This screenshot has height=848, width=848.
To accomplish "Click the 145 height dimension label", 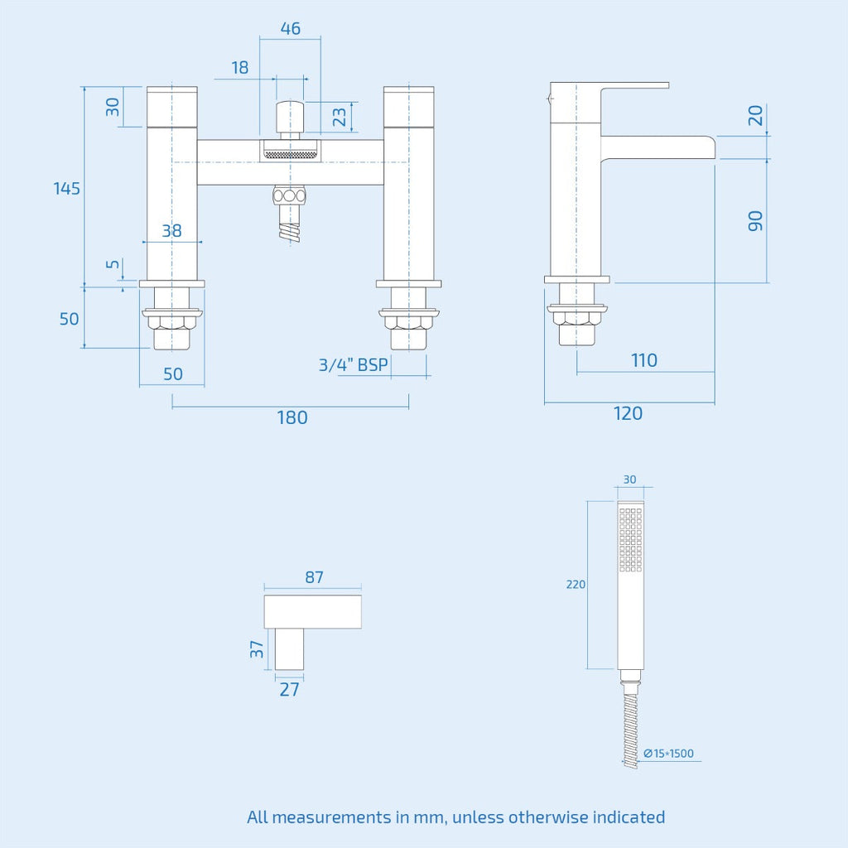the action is (x=66, y=188).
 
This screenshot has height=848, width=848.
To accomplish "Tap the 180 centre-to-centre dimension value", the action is (x=292, y=417).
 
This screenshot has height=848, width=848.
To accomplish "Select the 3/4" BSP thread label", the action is (x=353, y=364).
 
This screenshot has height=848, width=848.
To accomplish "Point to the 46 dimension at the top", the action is (x=291, y=28).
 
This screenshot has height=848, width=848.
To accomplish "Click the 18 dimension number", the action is (x=240, y=68).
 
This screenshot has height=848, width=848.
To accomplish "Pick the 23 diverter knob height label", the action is (x=339, y=117).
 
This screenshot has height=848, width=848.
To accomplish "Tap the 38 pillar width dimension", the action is (x=172, y=231).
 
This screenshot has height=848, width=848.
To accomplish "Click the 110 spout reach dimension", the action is (x=644, y=360).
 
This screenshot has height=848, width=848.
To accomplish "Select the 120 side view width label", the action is (x=628, y=413).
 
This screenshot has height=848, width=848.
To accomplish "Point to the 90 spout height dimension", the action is (x=755, y=220).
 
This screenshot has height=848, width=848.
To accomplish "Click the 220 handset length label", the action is (x=576, y=584).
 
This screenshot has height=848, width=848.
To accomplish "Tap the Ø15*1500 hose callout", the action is (x=668, y=753).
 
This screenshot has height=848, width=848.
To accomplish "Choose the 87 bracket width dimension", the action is (x=314, y=577).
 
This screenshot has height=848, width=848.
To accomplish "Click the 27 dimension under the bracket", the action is (x=289, y=689).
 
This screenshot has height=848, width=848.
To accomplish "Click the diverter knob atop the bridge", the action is (x=290, y=117).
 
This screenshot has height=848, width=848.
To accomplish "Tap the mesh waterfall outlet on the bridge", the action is (x=291, y=154).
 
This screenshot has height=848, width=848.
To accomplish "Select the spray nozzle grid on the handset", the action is (x=630, y=540).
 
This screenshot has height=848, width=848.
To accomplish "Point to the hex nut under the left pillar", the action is (x=172, y=322).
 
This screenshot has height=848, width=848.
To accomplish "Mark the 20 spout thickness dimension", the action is (x=755, y=115).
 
